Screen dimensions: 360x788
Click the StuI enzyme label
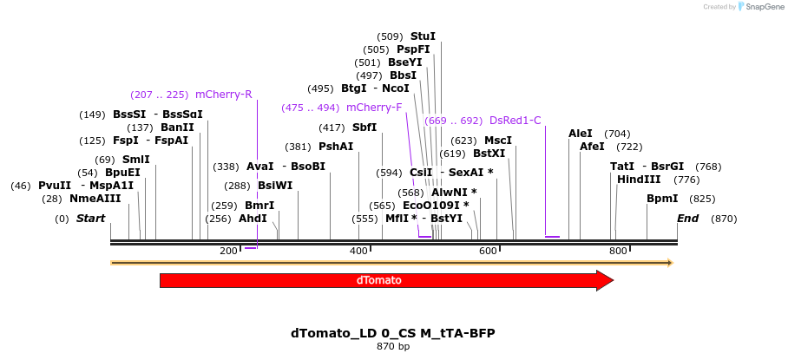coord(423,36)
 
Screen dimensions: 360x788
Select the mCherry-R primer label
coord(223,95)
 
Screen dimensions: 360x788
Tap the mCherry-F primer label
coord(374,108)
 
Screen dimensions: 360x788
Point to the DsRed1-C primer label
coord(515,121)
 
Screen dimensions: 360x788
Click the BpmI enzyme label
coord(662,199)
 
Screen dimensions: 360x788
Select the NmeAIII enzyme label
coord(95,199)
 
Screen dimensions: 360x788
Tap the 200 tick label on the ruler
coord(228,252)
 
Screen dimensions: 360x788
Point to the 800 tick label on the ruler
coord(618,252)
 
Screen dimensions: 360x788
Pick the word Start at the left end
coord(90,219)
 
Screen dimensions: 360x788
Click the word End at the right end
coord(687,219)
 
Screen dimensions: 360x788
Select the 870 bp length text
coord(393,346)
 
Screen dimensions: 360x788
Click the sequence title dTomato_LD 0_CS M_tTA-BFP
coord(393,333)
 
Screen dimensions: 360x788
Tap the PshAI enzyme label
coord(336,147)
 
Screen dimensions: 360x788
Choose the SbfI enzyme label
coord(364,128)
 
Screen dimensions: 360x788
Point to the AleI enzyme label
coord(580,134)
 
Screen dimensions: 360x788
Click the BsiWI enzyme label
coord(275,186)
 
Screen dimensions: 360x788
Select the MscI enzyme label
coord(498,141)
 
